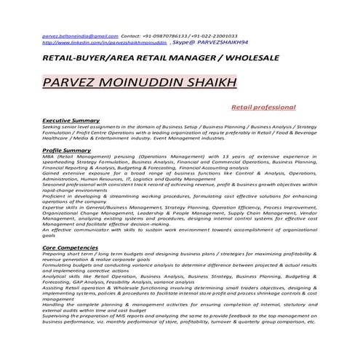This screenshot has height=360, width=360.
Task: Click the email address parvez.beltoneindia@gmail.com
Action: (79, 36)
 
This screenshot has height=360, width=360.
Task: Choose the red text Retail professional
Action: (263, 107)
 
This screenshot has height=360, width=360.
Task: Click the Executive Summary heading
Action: (71, 119)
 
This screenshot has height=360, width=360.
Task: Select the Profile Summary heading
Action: (66, 149)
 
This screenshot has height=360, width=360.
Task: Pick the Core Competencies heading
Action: (71, 248)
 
